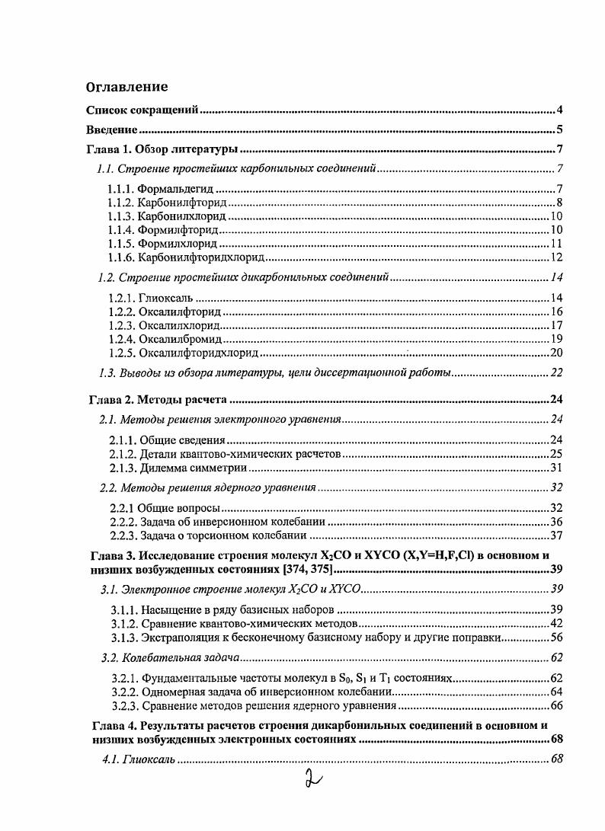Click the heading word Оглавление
pos(126,87)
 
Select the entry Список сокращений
pos(142,110)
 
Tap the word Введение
pos(111,129)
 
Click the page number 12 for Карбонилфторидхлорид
pos(556,257)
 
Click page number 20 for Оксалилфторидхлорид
pos(556,353)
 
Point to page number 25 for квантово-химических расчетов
pos(556,454)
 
